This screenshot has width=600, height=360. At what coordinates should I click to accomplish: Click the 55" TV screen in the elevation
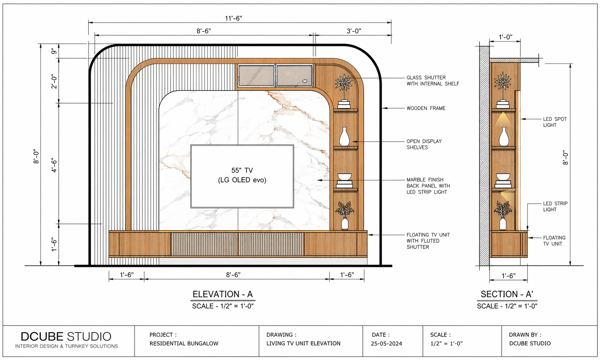coord(242,176)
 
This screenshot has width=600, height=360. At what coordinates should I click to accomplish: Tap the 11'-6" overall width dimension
coord(233,18)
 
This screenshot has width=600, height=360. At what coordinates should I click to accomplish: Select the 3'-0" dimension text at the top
coord(354,31)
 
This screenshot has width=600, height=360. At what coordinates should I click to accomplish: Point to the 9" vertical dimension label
coord(54,51)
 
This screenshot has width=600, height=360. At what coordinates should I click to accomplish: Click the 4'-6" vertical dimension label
coord(54,165)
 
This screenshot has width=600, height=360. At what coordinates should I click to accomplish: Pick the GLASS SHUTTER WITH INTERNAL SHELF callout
coord(433,81)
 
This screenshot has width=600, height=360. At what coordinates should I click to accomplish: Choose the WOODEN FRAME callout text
coord(426,108)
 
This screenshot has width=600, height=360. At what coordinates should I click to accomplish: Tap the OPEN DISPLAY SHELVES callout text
coord(424,144)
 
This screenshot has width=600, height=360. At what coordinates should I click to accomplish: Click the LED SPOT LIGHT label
coord(555,122)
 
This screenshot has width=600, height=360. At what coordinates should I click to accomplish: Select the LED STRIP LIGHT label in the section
coord(555,207)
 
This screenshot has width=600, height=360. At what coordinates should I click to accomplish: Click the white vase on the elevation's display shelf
coord(344,136)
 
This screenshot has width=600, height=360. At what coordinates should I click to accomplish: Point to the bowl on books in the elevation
coord(344,181)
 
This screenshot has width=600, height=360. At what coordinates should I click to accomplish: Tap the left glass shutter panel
coord(256,75)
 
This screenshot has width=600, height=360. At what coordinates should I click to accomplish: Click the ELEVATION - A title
coord(223,294)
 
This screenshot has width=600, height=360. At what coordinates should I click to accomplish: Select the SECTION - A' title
coord(507,294)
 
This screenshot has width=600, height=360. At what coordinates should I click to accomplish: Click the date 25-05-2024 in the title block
coord(386,344)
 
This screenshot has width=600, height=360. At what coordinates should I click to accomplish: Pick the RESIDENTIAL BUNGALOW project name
coord(184,343)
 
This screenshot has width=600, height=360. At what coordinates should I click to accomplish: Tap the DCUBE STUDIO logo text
coord(66,336)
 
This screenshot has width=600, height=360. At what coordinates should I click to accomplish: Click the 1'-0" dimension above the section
coord(505,37)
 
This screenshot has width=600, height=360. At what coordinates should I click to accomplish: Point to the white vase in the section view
coord(504,136)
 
